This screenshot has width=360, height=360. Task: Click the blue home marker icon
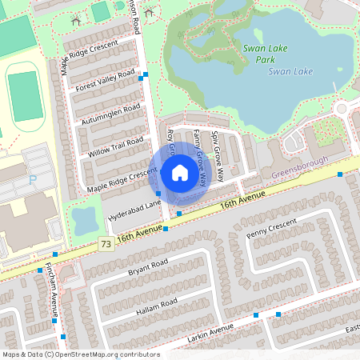180,171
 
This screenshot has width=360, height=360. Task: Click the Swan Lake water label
290,71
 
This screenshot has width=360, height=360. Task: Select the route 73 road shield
106,242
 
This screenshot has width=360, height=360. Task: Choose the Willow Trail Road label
116,148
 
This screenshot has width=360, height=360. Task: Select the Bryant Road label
148,267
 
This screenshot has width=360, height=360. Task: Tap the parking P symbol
33,181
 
